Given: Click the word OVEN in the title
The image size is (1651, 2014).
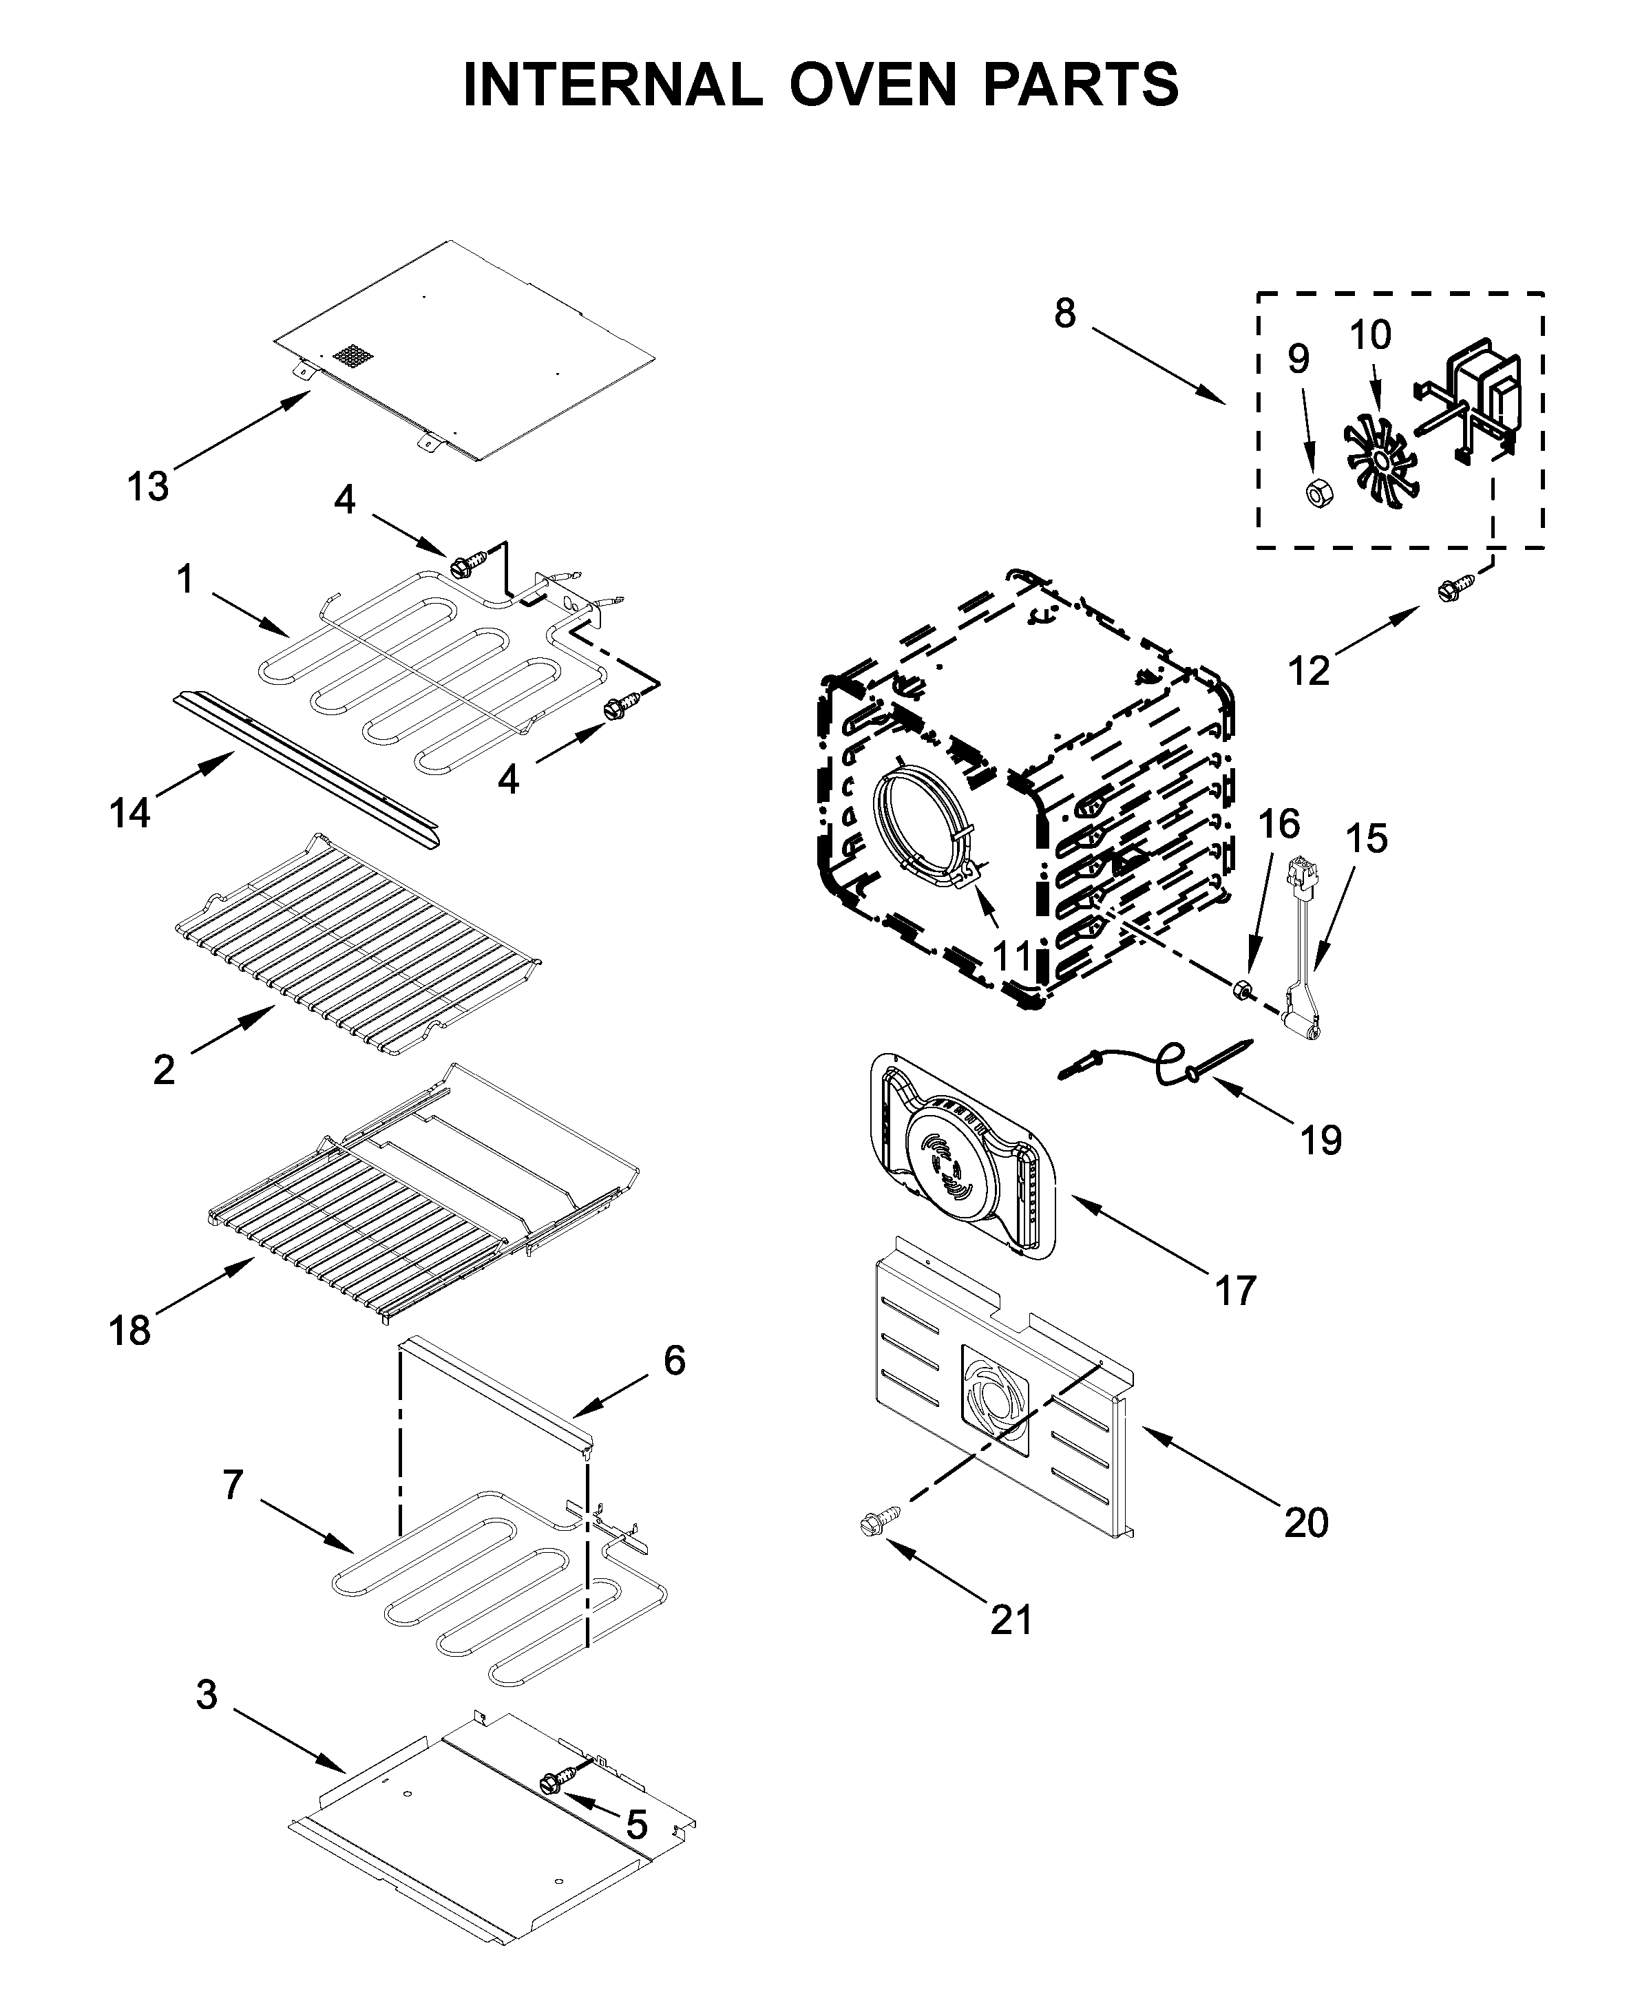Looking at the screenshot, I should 872,85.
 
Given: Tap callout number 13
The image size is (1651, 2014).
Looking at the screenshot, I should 148,487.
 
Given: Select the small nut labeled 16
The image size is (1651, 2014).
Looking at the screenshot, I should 1242,989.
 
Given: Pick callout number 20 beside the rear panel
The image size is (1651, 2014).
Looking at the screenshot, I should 1306,1523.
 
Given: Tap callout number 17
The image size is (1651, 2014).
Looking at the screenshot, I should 1235,1291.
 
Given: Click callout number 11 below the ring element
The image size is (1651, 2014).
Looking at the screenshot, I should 1011,955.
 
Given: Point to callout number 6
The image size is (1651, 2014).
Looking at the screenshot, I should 674,1361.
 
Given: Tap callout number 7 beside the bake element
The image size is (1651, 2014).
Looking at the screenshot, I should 233,1485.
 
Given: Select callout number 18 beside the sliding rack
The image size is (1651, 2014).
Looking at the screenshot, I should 129,1331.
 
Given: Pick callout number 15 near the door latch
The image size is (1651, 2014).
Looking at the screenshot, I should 1367,838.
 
